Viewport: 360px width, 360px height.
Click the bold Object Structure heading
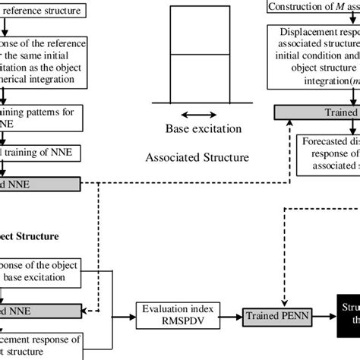point(30,235)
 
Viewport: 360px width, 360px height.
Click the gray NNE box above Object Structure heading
point(38,185)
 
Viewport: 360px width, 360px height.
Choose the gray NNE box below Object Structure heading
point(38,311)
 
